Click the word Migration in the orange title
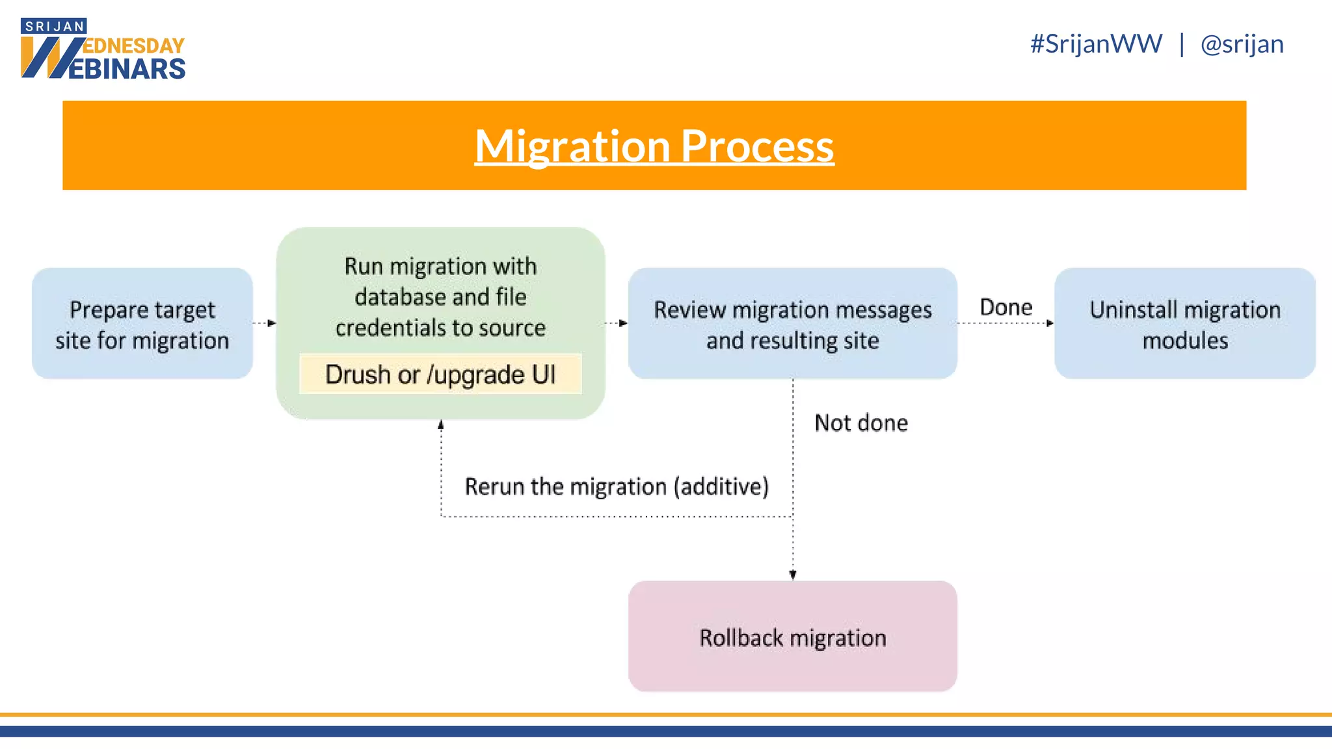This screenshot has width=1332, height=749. (x=572, y=146)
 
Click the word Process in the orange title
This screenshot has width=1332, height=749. (x=757, y=146)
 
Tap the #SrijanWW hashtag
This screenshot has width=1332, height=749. (x=1096, y=44)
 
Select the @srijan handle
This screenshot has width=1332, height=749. (x=1242, y=44)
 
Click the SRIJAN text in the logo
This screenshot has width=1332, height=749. (x=55, y=27)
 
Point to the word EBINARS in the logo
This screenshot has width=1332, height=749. (x=127, y=69)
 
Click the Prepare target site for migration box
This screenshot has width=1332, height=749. (x=142, y=324)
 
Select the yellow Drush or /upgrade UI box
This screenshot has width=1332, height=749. (x=440, y=374)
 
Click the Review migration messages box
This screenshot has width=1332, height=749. (x=792, y=324)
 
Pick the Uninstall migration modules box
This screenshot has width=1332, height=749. (x=1184, y=324)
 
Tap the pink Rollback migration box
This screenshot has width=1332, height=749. (x=792, y=637)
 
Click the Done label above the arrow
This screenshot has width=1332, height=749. (x=1006, y=308)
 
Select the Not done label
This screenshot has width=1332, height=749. (x=861, y=423)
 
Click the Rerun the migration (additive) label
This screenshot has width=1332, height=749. (x=616, y=486)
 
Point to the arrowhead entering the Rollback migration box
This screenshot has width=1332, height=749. (x=793, y=575)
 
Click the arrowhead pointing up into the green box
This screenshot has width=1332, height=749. (x=441, y=425)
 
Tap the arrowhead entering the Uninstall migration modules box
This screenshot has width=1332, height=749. (x=1049, y=323)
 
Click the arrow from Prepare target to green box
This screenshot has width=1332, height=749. (x=264, y=323)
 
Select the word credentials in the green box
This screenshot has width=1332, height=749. (x=384, y=328)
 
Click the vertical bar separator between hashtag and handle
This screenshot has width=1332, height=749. (x=1182, y=44)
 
